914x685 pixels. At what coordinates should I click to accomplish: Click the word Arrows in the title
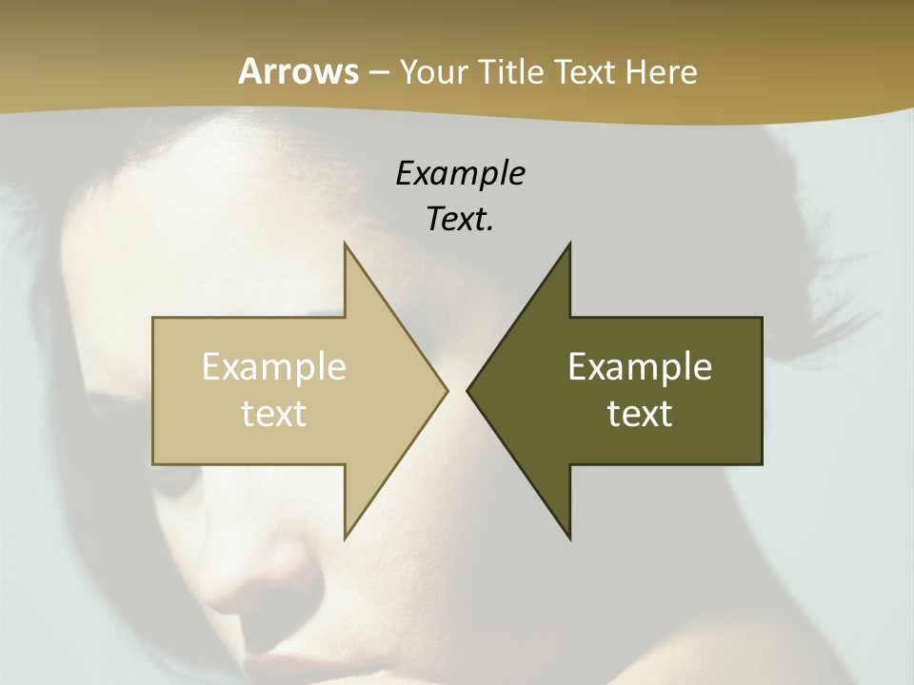298,71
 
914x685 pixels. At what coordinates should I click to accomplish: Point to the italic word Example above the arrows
460,173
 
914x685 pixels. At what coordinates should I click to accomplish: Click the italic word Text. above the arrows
460,219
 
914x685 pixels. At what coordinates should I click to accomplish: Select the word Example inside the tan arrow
274,366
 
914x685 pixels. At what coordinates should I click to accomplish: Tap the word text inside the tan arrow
274,413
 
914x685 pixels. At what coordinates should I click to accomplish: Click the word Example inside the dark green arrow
640,366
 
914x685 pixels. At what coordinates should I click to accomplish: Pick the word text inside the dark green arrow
640,413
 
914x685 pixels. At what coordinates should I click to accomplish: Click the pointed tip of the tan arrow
446,390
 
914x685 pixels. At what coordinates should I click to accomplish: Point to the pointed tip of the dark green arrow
468,390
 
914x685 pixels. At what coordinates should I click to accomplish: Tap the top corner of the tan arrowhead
345,244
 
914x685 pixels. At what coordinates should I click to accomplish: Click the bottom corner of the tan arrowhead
345,538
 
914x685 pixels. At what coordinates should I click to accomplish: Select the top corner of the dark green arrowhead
569,244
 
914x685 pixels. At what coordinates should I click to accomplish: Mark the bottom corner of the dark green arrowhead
569,538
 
